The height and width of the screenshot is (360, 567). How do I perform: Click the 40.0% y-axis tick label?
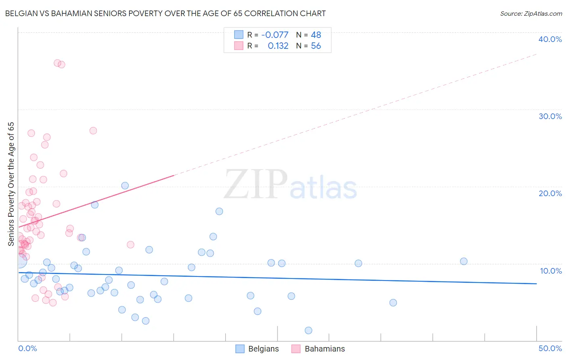(550, 39)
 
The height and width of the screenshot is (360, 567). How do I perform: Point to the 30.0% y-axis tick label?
(550, 116)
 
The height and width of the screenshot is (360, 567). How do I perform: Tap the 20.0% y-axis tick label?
(550, 193)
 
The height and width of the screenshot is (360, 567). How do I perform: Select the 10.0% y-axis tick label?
(551, 271)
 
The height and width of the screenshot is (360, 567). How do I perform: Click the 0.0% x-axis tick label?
(27, 348)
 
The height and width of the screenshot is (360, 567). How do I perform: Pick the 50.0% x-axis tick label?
(550, 348)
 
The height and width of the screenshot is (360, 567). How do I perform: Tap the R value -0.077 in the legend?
(275, 35)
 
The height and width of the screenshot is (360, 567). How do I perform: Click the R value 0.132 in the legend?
(278, 46)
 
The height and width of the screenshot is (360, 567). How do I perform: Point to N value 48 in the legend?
(316, 35)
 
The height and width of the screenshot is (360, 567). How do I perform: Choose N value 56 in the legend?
(316, 46)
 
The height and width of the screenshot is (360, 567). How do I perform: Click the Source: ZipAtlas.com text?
(531, 13)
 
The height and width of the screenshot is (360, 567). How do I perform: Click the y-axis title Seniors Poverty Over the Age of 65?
(11, 184)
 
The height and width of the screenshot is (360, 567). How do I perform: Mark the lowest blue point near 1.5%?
(309, 331)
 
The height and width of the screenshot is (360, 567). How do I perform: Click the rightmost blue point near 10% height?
(464, 261)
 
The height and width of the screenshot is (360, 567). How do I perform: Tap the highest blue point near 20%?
(125, 186)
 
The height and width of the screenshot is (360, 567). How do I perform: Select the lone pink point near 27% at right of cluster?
(93, 131)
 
